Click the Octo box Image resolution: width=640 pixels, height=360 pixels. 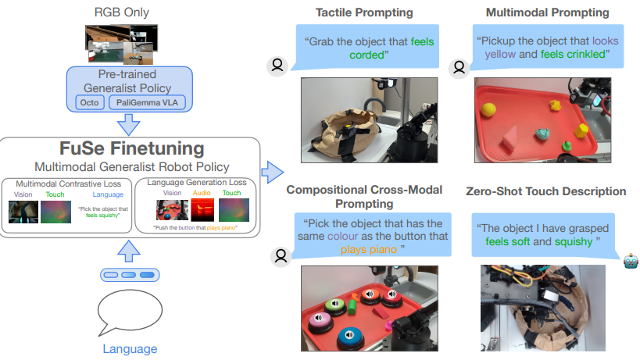click(88, 102)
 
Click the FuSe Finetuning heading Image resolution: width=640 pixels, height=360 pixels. click(131, 148)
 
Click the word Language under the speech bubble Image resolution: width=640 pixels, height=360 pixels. click(130, 349)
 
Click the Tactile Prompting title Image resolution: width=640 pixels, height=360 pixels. click(364, 12)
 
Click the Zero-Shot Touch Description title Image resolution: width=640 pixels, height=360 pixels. click(545, 191)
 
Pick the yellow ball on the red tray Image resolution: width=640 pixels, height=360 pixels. click(491, 109)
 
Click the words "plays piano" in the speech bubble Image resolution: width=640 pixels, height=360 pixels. click(368, 250)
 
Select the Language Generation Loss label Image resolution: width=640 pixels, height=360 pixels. click(196, 183)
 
